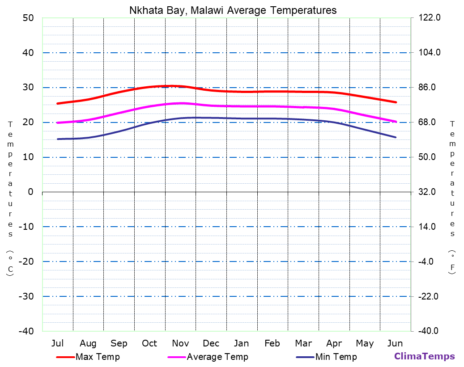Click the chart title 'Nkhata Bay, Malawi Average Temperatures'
(x=233, y=10)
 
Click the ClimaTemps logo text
(x=424, y=356)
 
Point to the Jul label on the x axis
(x=57, y=343)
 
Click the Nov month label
(x=180, y=343)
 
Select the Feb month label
(x=272, y=343)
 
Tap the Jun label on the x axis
(x=395, y=343)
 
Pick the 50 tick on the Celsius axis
(x=28, y=18)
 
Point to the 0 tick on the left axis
(x=30, y=192)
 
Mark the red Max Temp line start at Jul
(x=58, y=103)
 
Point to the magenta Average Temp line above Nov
(x=180, y=103)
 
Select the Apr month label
(x=334, y=343)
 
